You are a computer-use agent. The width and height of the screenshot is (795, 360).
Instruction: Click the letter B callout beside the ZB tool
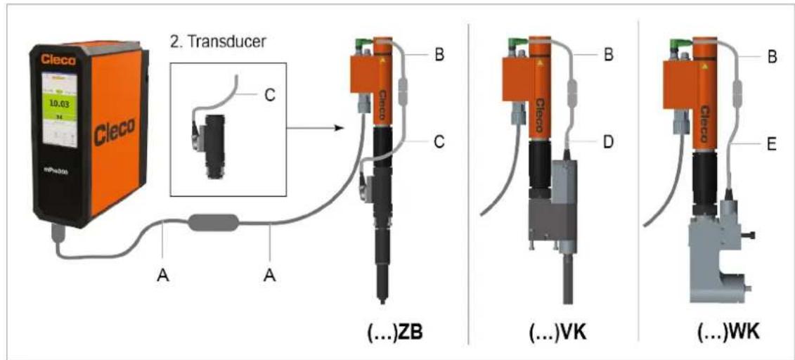439,54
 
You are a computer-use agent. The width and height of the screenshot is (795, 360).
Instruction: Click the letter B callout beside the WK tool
771,56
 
